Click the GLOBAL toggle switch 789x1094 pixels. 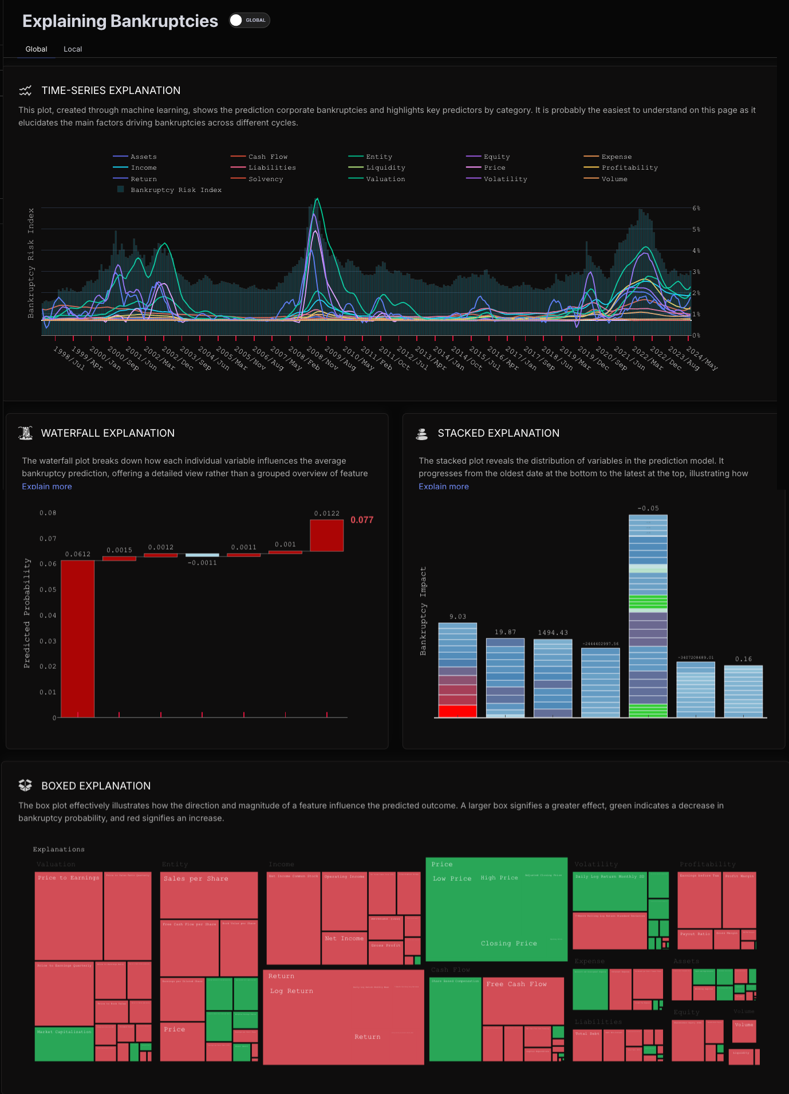249,20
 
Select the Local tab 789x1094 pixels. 73,49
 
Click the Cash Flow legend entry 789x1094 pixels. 267,156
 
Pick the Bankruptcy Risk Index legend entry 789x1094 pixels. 176,190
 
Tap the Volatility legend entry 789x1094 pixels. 505,179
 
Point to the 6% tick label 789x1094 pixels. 696,208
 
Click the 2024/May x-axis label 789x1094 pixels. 702,358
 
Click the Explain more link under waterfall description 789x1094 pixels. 47,487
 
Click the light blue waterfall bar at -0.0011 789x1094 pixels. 202,555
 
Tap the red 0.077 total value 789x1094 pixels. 362,520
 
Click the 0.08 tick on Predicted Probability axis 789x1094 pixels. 48,513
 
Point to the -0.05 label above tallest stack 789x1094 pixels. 648,508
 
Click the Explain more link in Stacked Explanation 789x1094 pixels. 444,487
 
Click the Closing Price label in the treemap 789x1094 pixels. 509,943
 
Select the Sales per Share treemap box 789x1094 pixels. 196,879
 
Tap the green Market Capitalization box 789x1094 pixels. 64,1043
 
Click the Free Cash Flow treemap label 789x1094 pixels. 516,984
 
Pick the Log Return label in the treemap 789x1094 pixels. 291,991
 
